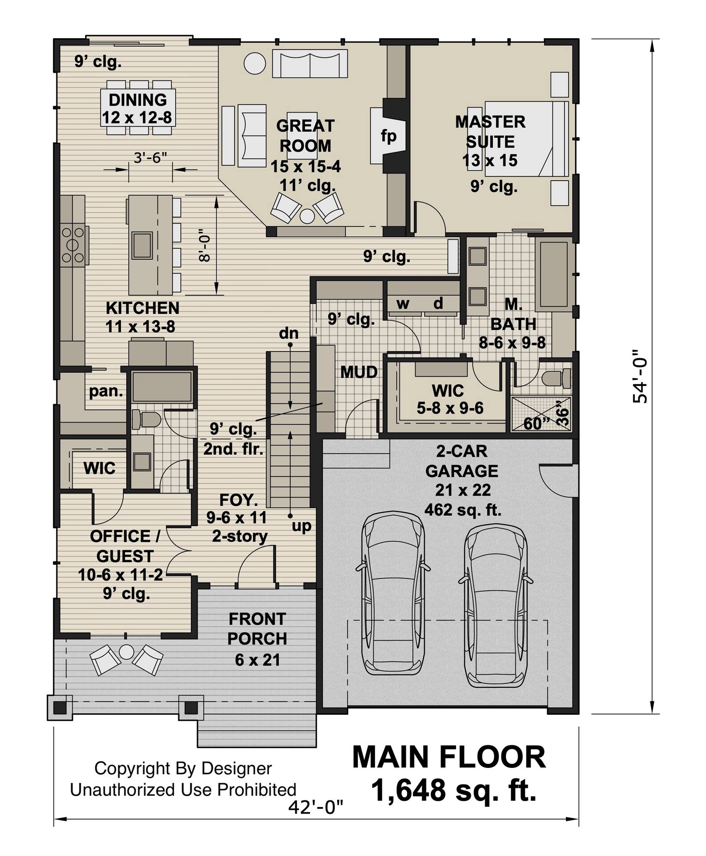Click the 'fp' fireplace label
tap(389, 137)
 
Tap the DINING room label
tap(137, 100)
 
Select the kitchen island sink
tap(142, 245)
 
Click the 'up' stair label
tap(301, 526)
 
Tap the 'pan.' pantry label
tap(106, 391)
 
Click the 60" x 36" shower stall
tap(542, 413)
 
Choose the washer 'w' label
tap(402, 303)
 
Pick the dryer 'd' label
tap(438, 303)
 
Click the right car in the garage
tap(496, 603)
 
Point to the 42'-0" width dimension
tap(316, 807)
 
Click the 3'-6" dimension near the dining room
tap(150, 158)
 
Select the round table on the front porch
tap(126, 652)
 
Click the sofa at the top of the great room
tap(310, 64)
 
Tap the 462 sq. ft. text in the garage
tap(462, 510)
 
